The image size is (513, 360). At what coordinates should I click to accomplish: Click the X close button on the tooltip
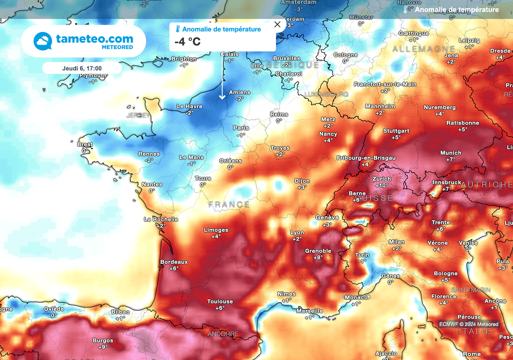(277, 24)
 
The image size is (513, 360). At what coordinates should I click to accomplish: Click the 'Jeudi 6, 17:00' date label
(81, 68)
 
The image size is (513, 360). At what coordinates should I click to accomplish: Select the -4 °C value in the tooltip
(187, 42)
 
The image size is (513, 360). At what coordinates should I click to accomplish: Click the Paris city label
(241, 128)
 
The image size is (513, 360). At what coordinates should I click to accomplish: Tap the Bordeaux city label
(174, 262)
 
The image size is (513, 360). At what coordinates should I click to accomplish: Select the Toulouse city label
(220, 301)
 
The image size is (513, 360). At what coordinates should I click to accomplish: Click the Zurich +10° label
(381, 182)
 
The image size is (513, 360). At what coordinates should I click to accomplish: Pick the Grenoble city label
(318, 251)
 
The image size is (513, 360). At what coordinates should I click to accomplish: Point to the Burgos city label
(103, 341)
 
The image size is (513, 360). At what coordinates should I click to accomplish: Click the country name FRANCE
(229, 205)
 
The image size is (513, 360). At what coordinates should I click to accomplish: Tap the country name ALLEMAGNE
(417, 49)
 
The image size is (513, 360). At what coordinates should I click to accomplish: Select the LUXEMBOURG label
(326, 94)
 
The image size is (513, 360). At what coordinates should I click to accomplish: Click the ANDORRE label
(223, 334)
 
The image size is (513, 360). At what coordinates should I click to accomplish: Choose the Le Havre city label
(190, 107)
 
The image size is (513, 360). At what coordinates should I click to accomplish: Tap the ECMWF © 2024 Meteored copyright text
(469, 324)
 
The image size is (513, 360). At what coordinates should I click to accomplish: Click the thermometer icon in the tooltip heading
(177, 30)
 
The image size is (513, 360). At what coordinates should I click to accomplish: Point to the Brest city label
(85, 145)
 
